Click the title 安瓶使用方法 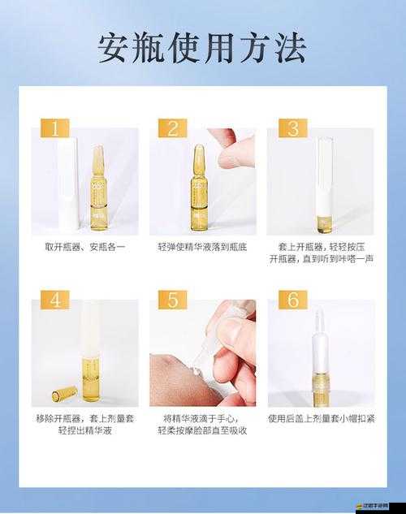[x=202, y=49]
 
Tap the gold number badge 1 [x=54, y=129]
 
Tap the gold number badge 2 [x=172, y=129]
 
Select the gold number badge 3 [x=293, y=129]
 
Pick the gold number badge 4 [x=54, y=300]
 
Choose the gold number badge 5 [x=172, y=300]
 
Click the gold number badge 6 [x=293, y=300]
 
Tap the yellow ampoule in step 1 [x=97, y=191]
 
